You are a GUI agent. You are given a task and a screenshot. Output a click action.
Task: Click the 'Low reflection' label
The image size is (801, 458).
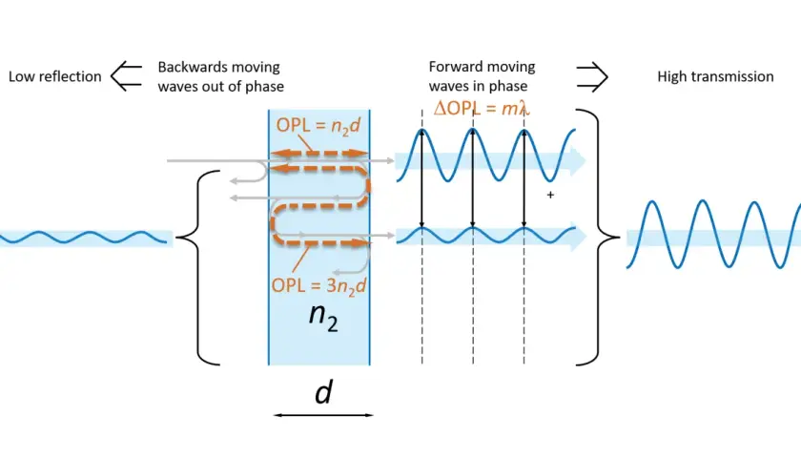[54, 76]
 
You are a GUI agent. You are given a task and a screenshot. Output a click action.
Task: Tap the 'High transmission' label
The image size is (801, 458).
[715, 76]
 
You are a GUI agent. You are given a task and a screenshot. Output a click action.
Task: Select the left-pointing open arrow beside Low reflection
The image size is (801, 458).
[126, 76]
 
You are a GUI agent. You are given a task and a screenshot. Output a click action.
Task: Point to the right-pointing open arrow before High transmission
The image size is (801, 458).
[592, 76]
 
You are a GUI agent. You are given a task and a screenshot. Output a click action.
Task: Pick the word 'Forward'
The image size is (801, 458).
[455, 67]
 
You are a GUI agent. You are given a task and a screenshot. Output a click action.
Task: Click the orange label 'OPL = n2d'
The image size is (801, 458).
[318, 126]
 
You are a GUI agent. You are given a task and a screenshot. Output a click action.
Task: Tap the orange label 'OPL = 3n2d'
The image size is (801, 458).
[318, 285]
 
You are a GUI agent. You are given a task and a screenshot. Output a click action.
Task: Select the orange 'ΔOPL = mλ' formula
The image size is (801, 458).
[482, 109]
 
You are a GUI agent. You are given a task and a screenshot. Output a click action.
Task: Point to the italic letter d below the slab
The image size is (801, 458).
[323, 392]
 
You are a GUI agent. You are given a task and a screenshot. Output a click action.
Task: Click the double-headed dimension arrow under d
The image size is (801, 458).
[323, 415]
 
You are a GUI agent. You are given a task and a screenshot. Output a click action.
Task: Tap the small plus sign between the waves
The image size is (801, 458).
[550, 195]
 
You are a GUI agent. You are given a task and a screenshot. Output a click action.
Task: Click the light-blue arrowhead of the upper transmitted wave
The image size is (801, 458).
[578, 160]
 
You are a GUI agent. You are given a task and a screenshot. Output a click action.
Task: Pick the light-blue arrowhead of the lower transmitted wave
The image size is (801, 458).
[578, 237]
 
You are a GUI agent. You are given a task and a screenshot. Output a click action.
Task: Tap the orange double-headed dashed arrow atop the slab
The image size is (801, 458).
[319, 153]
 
